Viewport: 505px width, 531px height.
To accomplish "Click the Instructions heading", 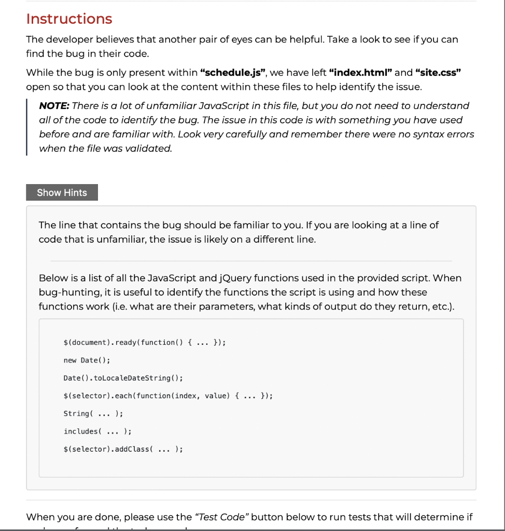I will (x=69, y=19).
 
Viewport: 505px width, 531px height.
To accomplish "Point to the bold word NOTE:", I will (x=54, y=106).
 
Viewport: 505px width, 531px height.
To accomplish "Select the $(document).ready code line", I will (x=144, y=342).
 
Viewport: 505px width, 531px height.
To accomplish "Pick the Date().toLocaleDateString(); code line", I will (x=123, y=378).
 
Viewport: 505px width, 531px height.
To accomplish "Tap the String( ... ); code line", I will (x=93, y=413).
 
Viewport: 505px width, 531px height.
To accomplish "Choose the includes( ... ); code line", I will (x=97, y=431).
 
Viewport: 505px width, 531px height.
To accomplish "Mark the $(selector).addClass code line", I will (x=123, y=449).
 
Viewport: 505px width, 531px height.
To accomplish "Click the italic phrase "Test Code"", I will (x=221, y=517).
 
